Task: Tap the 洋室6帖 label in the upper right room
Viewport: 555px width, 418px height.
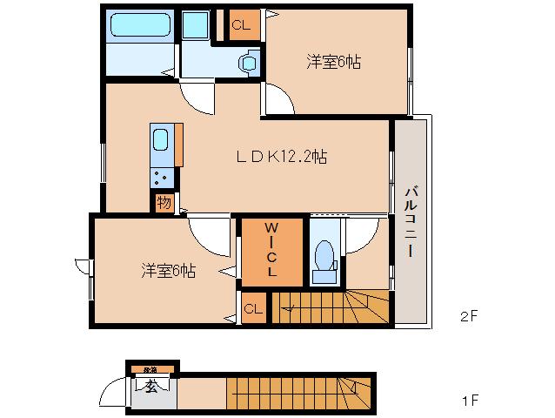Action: (334, 62)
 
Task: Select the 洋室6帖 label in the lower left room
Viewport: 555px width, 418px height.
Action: (169, 270)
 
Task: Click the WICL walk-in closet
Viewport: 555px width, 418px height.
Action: (271, 251)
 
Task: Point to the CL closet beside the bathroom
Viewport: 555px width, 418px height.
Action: (241, 25)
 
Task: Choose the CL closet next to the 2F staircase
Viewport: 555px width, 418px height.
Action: (253, 308)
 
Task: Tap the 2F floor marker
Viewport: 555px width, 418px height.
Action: (468, 316)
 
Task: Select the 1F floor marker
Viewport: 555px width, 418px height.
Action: (468, 401)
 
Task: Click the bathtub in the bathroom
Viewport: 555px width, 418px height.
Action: (139, 25)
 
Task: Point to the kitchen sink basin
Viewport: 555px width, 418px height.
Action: (161, 139)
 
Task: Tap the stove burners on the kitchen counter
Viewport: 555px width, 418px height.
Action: (161, 177)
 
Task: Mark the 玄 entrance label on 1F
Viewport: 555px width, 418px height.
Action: (150, 387)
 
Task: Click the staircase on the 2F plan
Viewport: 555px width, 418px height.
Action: (331, 307)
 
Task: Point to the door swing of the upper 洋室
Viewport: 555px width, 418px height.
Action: (279, 101)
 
